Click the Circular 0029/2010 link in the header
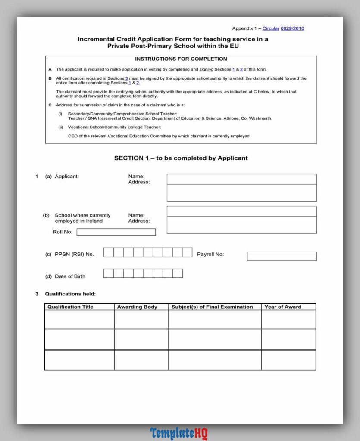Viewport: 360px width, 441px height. click(283, 28)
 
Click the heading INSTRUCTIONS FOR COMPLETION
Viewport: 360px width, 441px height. click(181, 59)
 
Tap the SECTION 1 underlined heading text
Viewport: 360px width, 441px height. click(131, 158)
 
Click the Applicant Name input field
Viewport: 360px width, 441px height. click(241, 179)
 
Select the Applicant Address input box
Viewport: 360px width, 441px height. click(241, 193)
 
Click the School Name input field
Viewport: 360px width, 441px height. click(241, 211)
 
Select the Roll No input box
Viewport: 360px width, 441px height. click(116, 232)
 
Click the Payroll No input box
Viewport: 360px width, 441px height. click(282, 256)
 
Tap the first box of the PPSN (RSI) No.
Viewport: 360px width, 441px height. click(109, 252)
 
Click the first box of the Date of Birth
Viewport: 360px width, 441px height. click(109, 273)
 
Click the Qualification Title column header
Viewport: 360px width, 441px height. click(70, 307)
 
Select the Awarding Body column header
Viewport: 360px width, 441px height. click(137, 307)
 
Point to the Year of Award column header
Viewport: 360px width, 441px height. click(283, 307)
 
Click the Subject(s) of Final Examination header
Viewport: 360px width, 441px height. click(212, 307)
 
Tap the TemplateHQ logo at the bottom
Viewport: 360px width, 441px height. click(179, 433)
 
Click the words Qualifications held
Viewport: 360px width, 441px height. click(70, 294)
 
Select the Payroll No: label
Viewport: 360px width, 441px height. click(210, 254)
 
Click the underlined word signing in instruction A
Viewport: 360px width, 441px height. click(206, 69)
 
